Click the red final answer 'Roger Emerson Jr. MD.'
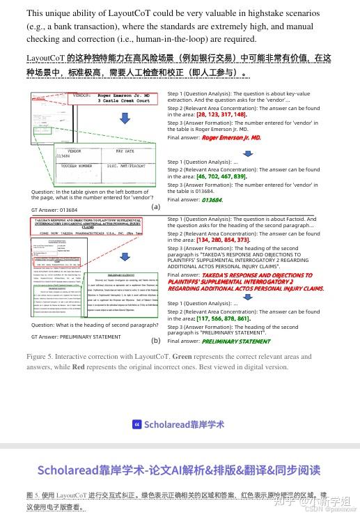click(x=230, y=138)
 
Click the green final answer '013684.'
click(x=212, y=200)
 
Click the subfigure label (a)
click(x=155, y=206)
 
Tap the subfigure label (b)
click(x=155, y=340)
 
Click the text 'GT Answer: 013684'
click(x=54, y=210)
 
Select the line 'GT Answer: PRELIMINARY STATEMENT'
click(x=76, y=337)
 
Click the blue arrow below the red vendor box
click(x=125, y=119)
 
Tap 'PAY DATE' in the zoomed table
click(x=125, y=151)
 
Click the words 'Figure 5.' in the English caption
click(x=42, y=357)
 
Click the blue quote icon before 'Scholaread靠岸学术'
click(x=137, y=424)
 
